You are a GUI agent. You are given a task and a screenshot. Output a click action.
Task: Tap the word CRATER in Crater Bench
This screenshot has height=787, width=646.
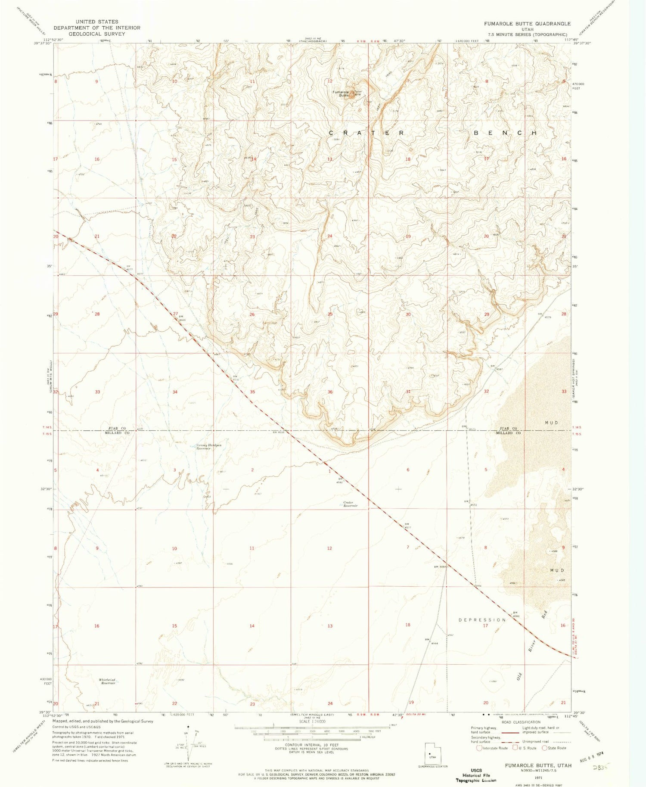(x=366, y=133)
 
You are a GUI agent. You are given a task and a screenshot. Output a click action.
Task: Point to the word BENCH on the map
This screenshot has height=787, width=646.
(x=506, y=133)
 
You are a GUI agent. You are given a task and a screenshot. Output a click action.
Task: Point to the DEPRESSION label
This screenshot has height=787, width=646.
(x=482, y=620)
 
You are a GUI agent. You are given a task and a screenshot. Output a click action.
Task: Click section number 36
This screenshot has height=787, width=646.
(x=330, y=392)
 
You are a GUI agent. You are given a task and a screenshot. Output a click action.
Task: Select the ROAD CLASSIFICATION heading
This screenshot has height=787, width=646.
(x=521, y=722)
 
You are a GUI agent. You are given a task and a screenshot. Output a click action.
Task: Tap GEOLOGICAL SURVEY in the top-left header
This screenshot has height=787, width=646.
(x=97, y=34)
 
